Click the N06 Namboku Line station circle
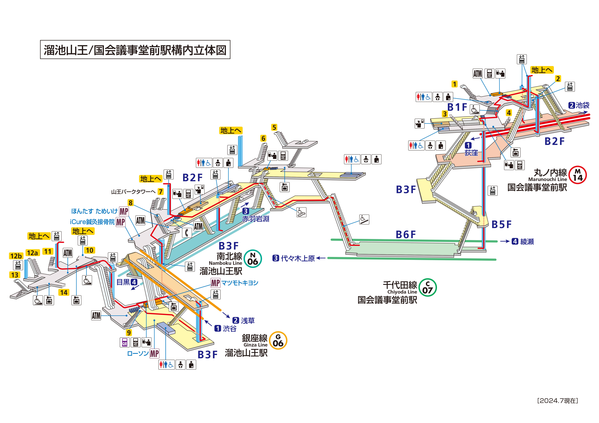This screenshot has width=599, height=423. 253,259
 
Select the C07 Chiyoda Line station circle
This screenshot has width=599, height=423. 427,287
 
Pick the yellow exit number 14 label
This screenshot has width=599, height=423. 64,292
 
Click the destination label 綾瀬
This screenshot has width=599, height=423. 527,242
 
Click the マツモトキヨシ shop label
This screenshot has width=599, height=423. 239,283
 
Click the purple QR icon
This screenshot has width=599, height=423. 125,342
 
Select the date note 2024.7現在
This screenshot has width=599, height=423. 558,401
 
